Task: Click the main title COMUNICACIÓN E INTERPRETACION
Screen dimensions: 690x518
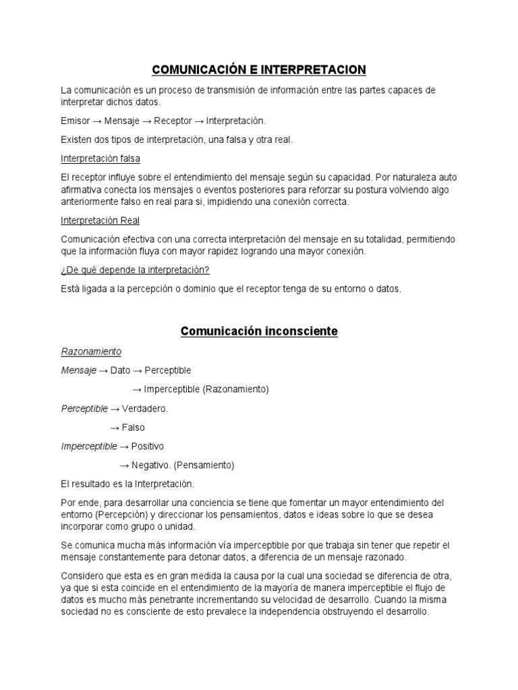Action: [x=258, y=69]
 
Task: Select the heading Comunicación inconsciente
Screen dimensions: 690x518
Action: [x=259, y=332]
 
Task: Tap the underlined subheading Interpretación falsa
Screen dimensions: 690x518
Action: [x=101, y=158]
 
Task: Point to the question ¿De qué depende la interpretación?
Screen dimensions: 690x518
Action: [x=136, y=270]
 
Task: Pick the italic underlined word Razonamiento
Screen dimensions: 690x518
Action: [x=91, y=351]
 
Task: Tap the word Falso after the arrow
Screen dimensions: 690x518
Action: [x=133, y=427]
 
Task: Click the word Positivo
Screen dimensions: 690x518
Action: [x=147, y=446]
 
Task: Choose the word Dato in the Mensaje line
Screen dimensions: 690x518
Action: [x=120, y=370]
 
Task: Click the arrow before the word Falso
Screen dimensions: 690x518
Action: [x=114, y=427]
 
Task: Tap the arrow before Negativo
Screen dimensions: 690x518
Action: [x=124, y=465]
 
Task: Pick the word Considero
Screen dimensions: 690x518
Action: [x=82, y=574]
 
